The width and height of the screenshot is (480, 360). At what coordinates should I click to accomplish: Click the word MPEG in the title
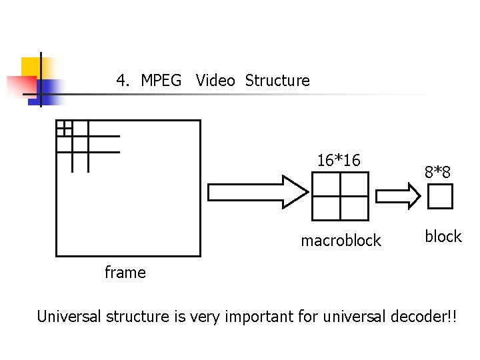161,81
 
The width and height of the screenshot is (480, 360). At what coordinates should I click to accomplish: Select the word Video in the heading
215,81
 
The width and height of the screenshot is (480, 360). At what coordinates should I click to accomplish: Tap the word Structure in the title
277,81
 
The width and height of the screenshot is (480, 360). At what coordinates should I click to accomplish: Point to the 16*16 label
339,161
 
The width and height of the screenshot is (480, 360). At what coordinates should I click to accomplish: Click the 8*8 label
438,173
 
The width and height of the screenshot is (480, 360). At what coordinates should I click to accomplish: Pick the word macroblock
341,241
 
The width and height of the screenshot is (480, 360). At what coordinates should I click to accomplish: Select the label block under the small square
443,237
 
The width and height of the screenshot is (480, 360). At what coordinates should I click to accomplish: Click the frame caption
125,272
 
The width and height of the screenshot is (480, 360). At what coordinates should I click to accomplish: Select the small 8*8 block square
440,197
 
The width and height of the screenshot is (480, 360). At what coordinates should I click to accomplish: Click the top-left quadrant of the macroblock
326,185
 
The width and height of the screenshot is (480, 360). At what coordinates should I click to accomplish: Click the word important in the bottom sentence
255,316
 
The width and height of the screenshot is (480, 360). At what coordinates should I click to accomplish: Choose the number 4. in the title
123,81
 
